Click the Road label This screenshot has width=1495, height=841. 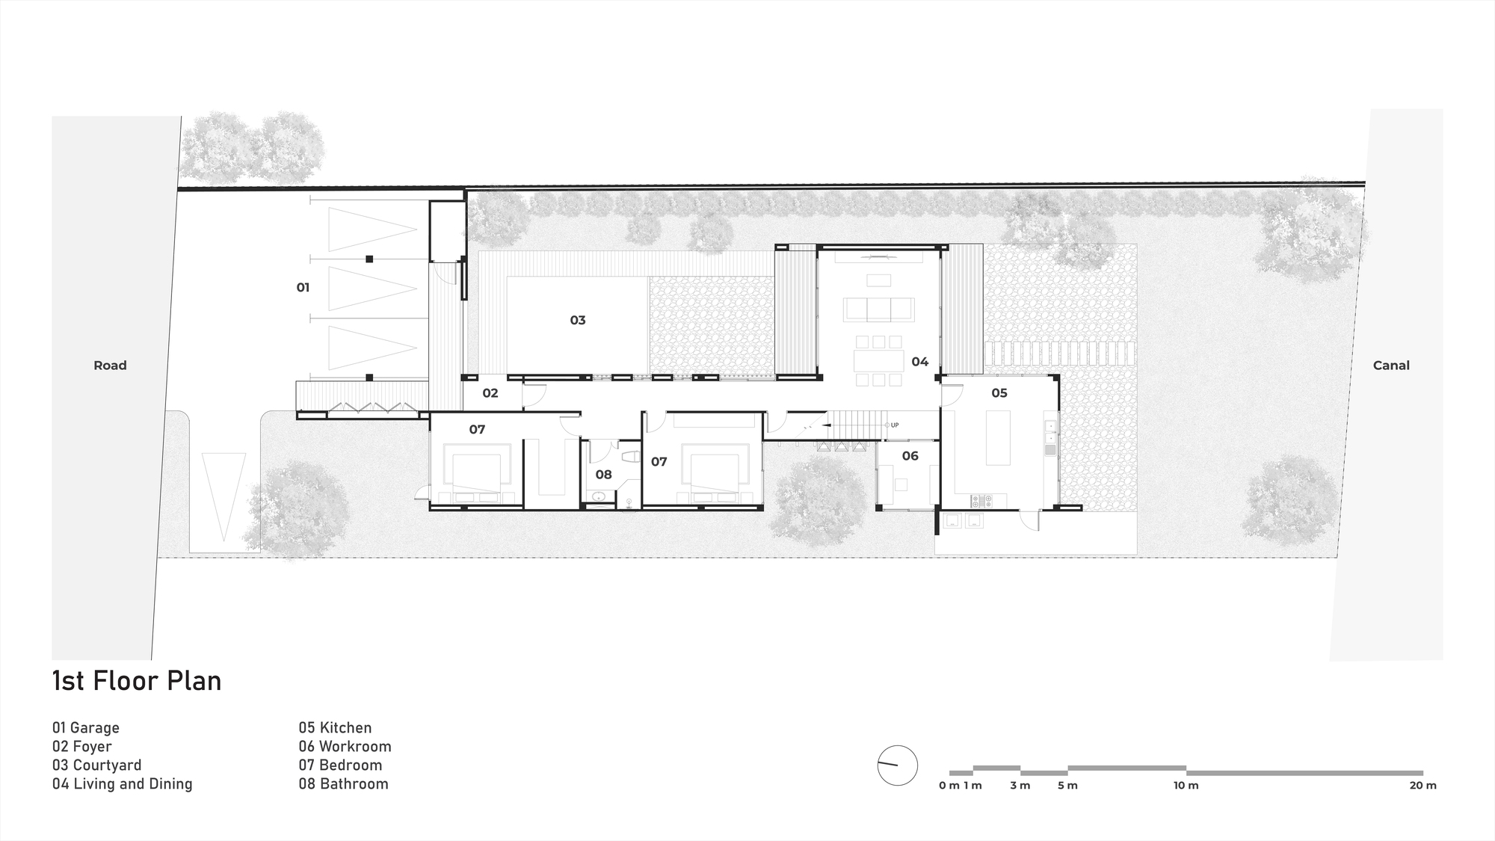click(x=110, y=366)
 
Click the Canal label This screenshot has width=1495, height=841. click(x=1391, y=366)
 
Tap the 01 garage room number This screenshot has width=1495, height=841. click(x=303, y=287)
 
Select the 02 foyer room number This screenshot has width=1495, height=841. click(x=490, y=393)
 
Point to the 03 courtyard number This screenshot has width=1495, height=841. click(x=578, y=320)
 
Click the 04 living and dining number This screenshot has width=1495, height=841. click(x=919, y=362)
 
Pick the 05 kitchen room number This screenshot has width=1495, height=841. click(x=999, y=393)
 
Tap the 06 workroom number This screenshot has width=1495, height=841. click(x=910, y=456)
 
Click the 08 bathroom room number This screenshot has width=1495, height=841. click(x=603, y=475)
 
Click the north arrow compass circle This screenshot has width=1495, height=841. click(x=897, y=765)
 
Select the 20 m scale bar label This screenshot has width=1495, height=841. click(x=1422, y=786)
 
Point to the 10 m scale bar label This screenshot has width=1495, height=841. click(x=1186, y=786)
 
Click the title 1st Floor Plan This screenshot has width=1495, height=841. click(x=137, y=681)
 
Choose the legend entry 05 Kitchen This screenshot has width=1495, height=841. click(x=335, y=728)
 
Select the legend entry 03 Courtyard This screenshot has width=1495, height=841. click(x=96, y=765)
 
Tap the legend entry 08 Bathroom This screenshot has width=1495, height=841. click(x=343, y=784)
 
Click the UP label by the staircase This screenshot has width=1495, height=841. click(x=895, y=425)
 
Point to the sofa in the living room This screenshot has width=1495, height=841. click(x=878, y=309)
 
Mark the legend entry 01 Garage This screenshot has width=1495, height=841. click(x=85, y=728)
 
